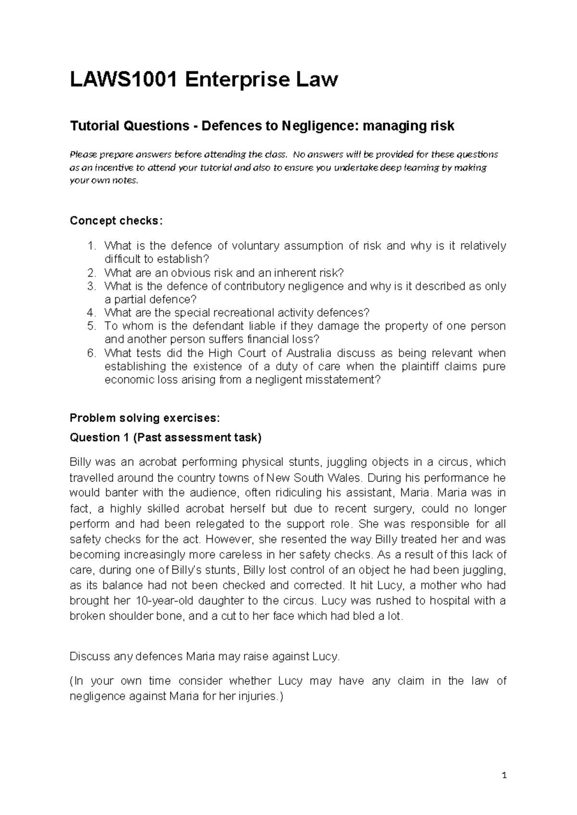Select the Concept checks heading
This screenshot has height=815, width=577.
pos(116,221)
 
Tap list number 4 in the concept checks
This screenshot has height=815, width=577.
pos(92,313)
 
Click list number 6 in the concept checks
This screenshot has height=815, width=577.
pos(92,353)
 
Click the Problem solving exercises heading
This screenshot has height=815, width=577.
pos(145,418)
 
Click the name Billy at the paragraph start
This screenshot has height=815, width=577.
pos(80,462)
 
